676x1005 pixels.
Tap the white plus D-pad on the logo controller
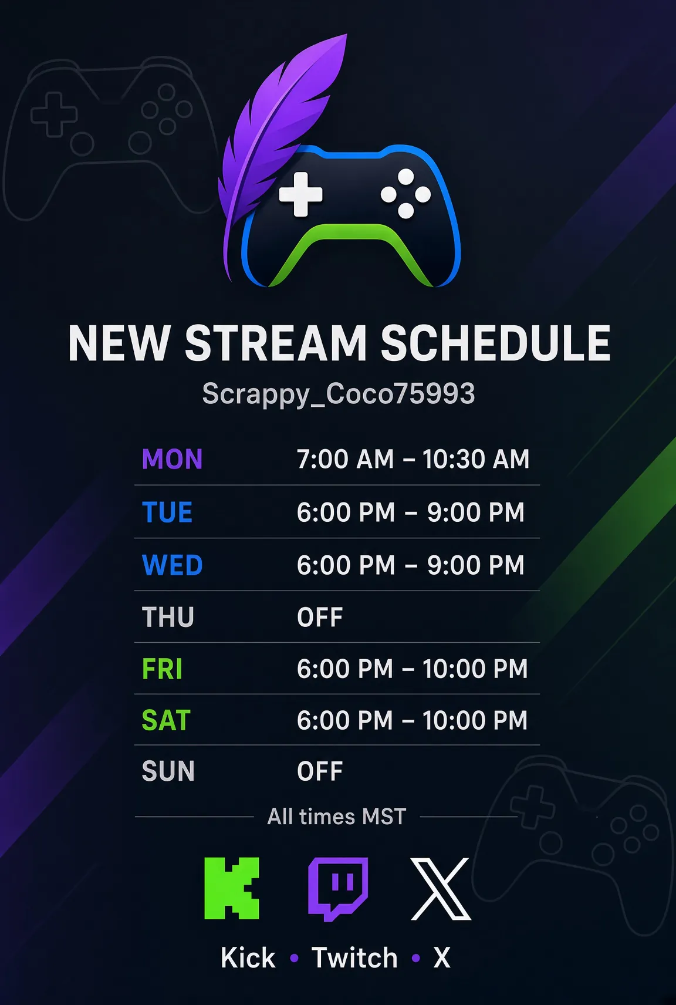click(x=300, y=194)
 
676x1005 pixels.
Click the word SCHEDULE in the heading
click(x=496, y=343)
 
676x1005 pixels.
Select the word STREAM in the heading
click(x=276, y=343)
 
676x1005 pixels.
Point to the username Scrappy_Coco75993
click(x=338, y=393)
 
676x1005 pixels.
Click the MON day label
click(x=173, y=459)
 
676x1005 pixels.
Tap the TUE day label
click(x=167, y=512)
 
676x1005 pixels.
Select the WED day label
click(x=173, y=564)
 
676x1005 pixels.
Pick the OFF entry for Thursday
click(x=320, y=618)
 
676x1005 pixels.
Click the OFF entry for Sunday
click(x=320, y=771)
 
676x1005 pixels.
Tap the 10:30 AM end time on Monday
click(x=476, y=459)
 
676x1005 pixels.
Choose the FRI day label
click(x=162, y=669)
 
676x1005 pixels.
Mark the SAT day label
click(x=166, y=720)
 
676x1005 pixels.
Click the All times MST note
click(x=337, y=816)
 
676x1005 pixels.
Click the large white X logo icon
click(x=441, y=889)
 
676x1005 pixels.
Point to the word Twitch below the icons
click(x=354, y=958)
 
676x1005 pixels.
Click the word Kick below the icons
click(x=248, y=958)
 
